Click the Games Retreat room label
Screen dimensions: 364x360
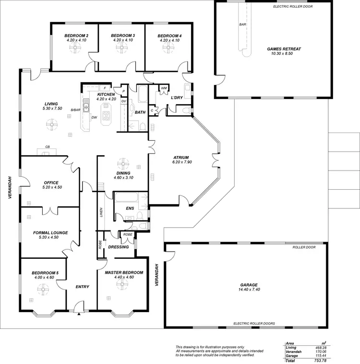[x=281, y=49]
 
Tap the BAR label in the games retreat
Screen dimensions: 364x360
[x=242, y=24]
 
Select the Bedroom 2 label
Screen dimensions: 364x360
[x=76, y=36]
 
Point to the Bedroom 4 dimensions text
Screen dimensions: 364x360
[x=169, y=40]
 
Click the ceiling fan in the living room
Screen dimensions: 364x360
[x=51, y=125]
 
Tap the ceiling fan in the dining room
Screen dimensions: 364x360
[x=124, y=163]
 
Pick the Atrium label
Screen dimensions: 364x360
[x=181, y=157]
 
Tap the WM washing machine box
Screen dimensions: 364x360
[x=164, y=88]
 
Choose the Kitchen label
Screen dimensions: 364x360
[x=106, y=95]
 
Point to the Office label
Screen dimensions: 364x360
[x=51, y=182]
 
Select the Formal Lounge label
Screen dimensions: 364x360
[x=50, y=232]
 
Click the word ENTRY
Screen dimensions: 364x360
[x=83, y=287]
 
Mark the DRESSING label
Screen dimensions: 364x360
[x=119, y=247]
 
